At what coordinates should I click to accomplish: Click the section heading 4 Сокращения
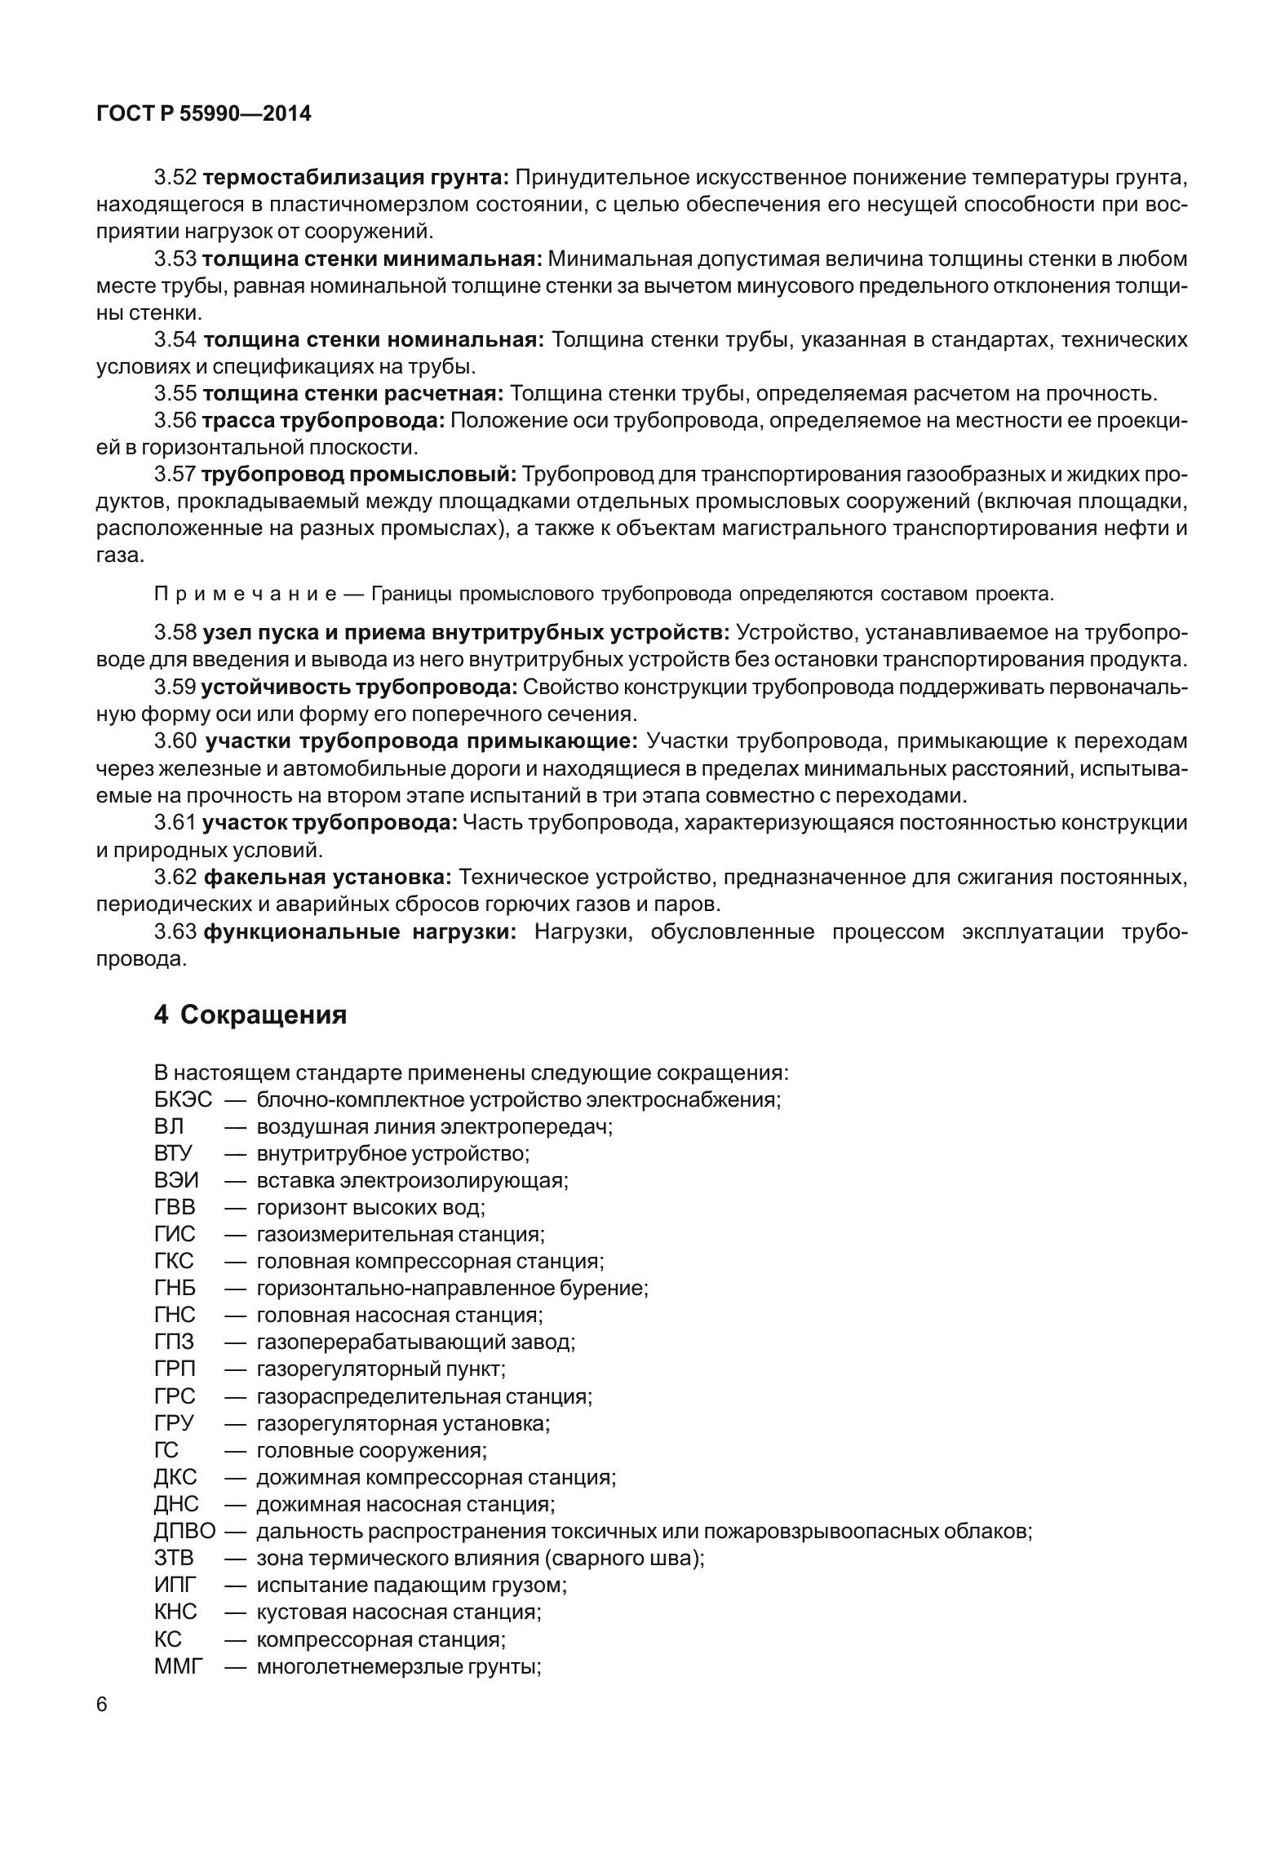tap(250, 1015)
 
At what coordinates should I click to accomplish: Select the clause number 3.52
tap(175, 177)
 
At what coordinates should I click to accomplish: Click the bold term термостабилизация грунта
tap(356, 177)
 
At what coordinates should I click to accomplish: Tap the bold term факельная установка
tap(326, 878)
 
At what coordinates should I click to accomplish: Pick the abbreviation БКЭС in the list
tap(183, 1099)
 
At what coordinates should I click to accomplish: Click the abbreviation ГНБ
tap(175, 1289)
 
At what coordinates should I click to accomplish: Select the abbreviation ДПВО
tap(184, 1531)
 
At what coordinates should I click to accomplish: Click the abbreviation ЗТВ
tap(174, 1559)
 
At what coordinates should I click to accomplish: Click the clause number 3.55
tap(175, 394)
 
